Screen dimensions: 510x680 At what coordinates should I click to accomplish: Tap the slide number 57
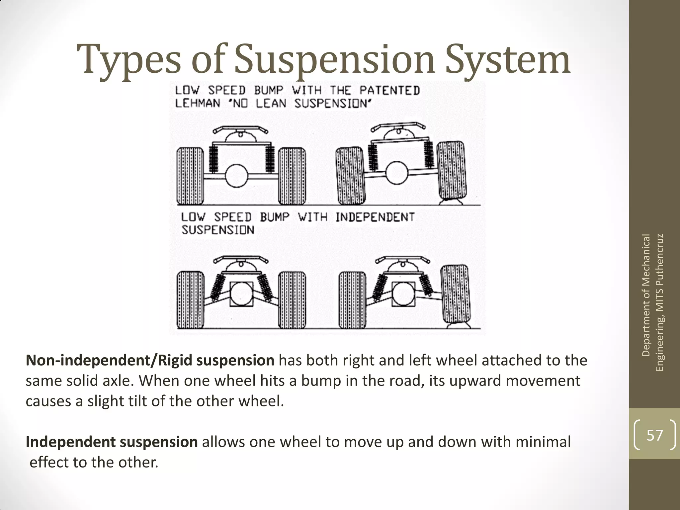tap(654, 435)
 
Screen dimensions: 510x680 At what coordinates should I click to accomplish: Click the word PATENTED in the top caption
tap(389, 90)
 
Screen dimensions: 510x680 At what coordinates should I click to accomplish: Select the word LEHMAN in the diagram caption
tap(198, 103)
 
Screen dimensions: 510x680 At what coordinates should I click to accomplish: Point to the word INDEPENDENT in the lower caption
tap(375, 217)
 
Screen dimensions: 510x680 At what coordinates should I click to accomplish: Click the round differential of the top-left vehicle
tap(237, 176)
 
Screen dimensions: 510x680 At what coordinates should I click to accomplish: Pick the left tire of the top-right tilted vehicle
tap(351, 176)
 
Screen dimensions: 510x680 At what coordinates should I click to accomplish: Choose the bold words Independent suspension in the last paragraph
tap(112, 442)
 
